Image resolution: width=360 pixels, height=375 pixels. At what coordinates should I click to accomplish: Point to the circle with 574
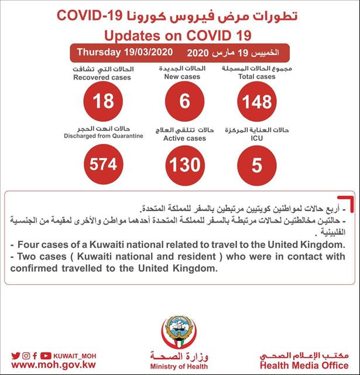click(104, 165)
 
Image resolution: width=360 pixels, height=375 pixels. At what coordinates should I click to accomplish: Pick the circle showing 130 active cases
click(185, 165)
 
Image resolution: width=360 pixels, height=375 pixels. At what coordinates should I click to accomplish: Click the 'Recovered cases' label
click(103, 77)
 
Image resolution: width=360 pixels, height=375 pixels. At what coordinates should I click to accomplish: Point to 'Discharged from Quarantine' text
click(103, 136)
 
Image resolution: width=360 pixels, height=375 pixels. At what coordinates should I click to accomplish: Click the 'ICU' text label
click(256, 139)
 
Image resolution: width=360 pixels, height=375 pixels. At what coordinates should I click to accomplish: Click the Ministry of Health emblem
click(179, 332)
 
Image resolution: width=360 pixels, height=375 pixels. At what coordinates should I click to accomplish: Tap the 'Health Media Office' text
click(304, 366)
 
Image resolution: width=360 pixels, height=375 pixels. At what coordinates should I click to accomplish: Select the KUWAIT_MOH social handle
click(74, 355)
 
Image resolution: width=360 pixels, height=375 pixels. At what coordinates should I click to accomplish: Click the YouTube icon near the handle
click(46, 355)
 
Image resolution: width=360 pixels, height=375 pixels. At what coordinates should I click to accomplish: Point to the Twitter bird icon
click(16, 355)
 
